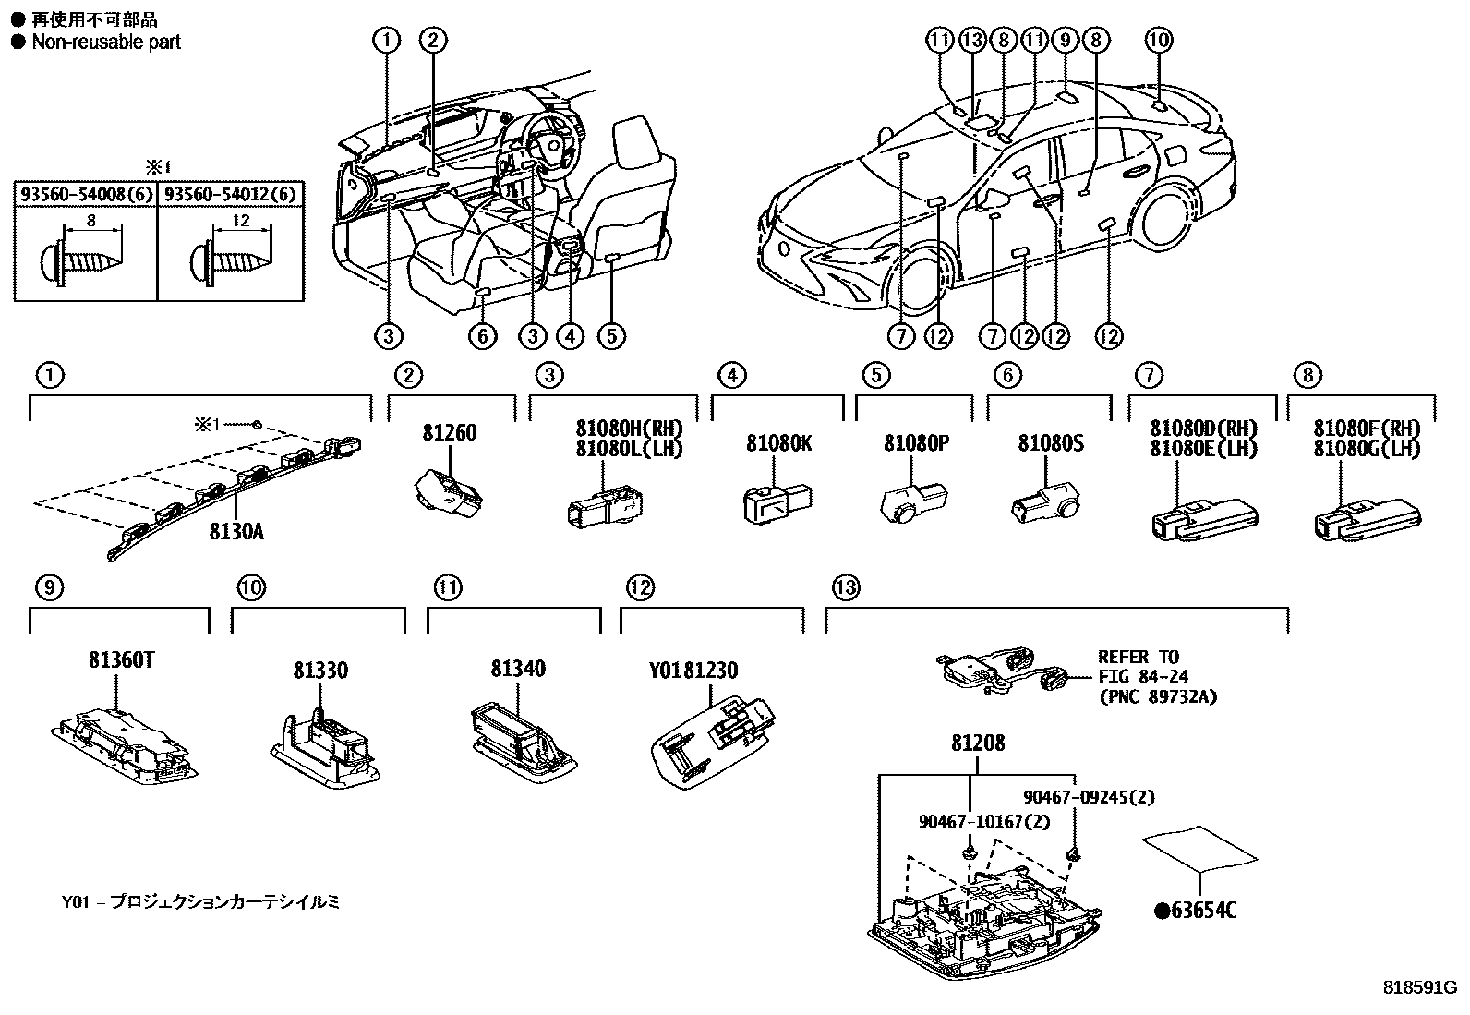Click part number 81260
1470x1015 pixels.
tap(450, 432)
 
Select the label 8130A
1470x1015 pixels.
tap(235, 531)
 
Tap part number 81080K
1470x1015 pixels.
tap(778, 443)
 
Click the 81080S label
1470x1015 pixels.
tap(1051, 443)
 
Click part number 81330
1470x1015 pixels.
tap(320, 671)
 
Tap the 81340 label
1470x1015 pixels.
tap(518, 669)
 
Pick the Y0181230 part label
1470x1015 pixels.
tap(693, 671)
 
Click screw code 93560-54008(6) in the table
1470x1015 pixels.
tap(86, 195)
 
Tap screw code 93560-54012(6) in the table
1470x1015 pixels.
tap(231, 195)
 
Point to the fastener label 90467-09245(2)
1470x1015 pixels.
tap(1089, 797)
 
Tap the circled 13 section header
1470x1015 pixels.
tap(844, 586)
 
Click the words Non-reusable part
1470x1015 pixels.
tap(106, 42)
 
